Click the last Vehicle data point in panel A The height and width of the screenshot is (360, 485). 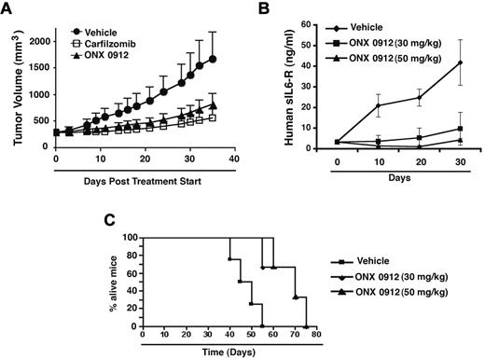point(214,59)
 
